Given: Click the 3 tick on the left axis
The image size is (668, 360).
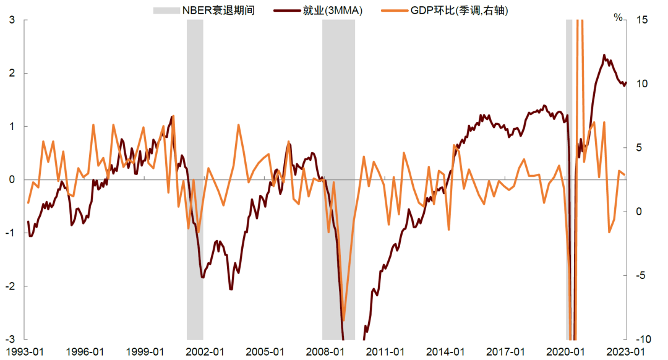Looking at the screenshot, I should pyautogui.click(x=12, y=20).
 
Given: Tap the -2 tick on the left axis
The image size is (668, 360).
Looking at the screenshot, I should pyautogui.click(x=10, y=286).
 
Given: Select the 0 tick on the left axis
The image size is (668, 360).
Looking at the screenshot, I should pyautogui.click(x=12, y=179).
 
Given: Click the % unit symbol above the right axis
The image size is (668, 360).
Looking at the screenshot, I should pyautogui.click(x=618, y=17).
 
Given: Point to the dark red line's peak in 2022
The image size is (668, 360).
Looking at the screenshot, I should pyautogui.click(x=604, y=55).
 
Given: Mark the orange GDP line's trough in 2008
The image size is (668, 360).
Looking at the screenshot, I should pyautogui.click(x=344, y=321).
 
